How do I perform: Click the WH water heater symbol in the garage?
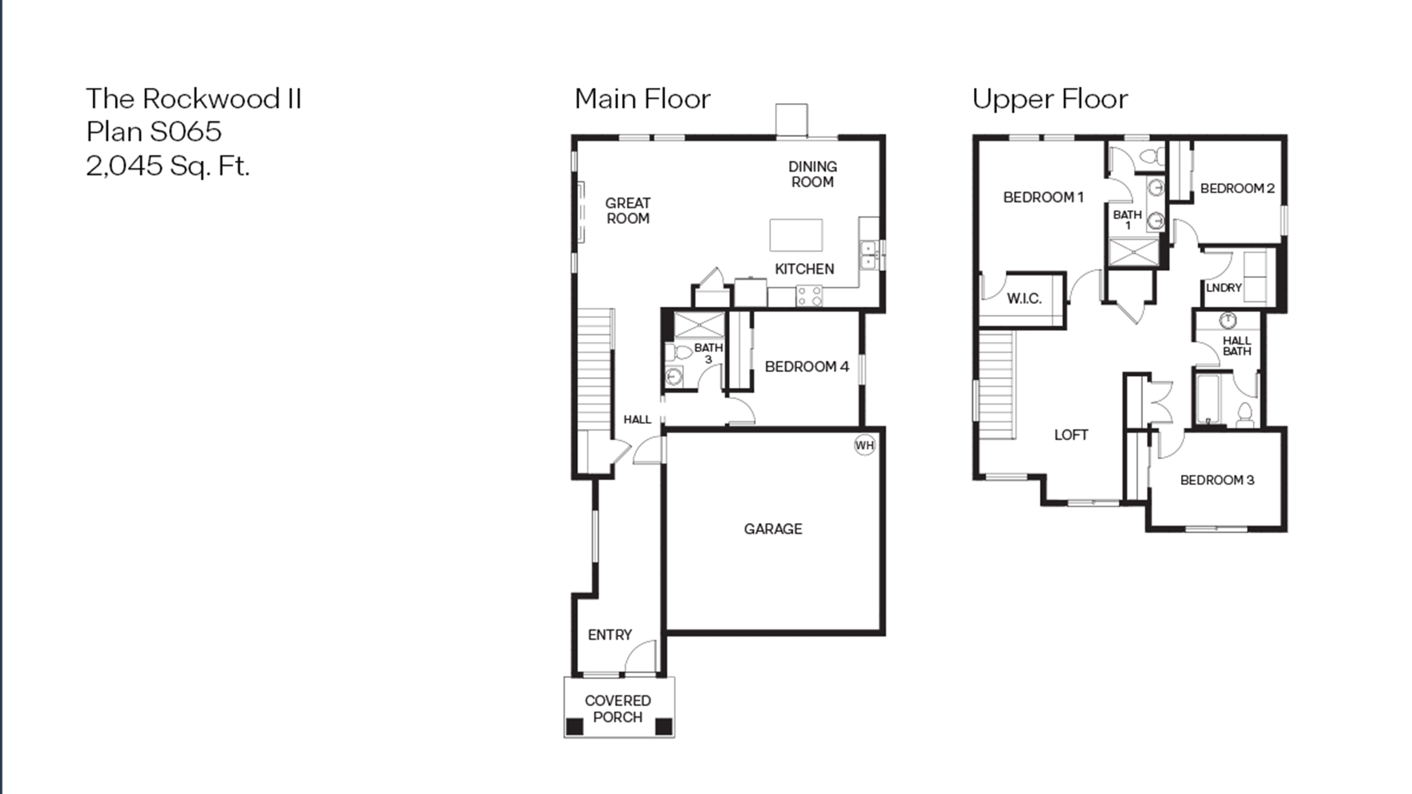864,445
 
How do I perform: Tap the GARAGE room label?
773,529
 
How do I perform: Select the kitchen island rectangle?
796,235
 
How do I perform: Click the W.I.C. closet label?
1024,299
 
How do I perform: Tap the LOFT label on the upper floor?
1071,435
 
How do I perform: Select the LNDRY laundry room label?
1223,288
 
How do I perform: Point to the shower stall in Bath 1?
1134,252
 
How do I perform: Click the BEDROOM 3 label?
1217,480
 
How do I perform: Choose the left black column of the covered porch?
575,726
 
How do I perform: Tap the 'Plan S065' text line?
154,131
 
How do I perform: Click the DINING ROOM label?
812,174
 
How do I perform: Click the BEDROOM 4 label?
807,367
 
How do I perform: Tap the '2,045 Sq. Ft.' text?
168,165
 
